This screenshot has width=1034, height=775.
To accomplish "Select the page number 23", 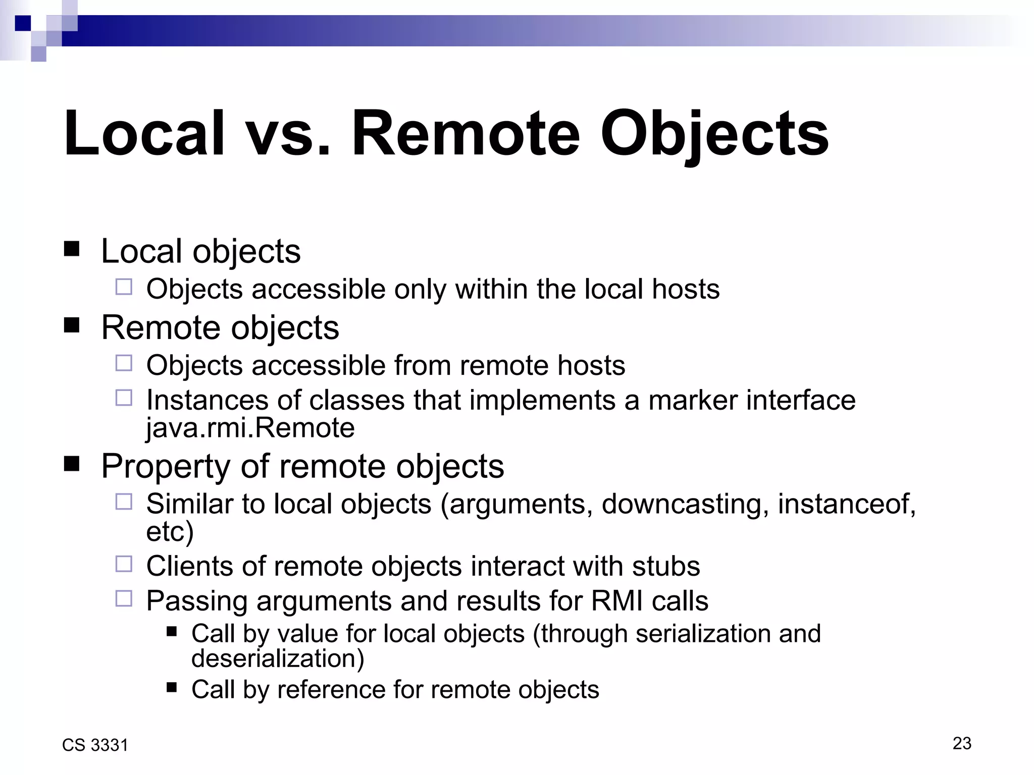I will coord(962,743).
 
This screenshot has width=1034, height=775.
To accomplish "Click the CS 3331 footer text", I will coord(95,745).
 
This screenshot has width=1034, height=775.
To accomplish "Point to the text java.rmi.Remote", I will coord(250,428).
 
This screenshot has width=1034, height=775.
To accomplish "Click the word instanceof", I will coord(846,504).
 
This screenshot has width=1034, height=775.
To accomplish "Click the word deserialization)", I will coord(278,658).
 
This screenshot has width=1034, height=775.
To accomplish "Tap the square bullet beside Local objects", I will coord(72,249).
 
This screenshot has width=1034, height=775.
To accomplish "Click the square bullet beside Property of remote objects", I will coord(72,464).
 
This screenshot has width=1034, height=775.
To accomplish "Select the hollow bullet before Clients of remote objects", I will coord(124,564).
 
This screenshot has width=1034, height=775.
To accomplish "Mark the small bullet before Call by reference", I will coord(172,687).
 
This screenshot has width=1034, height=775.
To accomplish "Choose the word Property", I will coord(166,466).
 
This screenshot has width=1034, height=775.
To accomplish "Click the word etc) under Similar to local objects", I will coord(170,531).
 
